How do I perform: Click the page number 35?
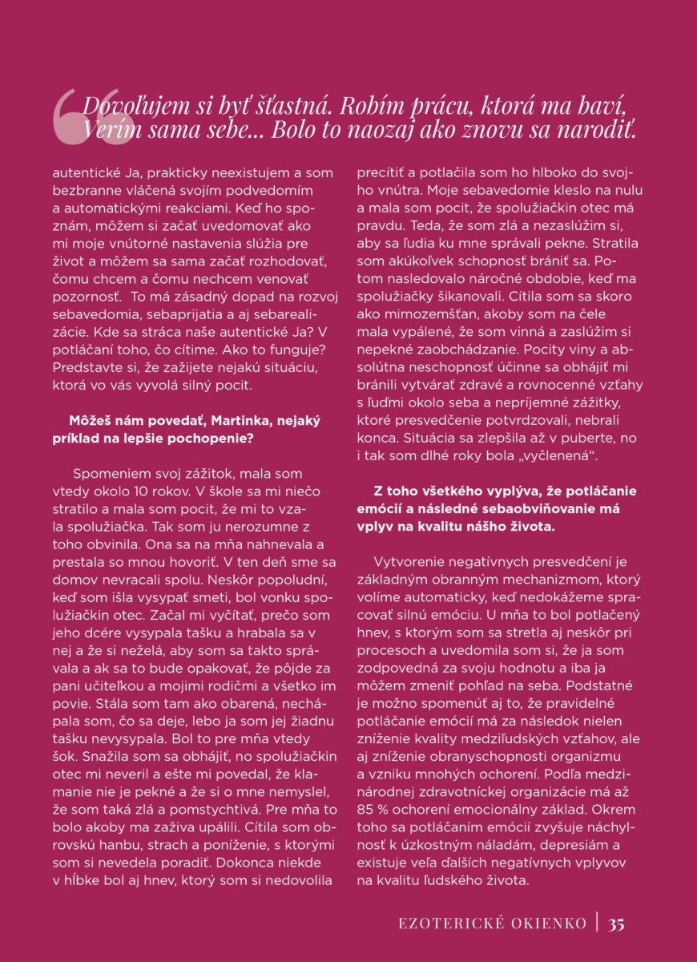tap(616, 924)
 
